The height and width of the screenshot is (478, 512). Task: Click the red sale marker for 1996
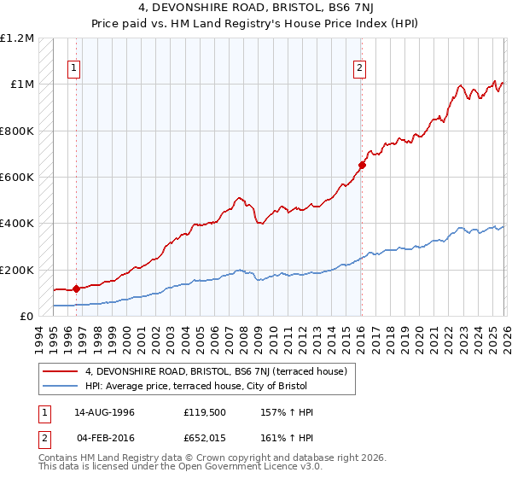click(x=76, y=289)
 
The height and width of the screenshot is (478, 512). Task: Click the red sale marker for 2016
click(x=362, y=166)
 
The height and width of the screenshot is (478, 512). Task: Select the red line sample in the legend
click(x=61, y=371)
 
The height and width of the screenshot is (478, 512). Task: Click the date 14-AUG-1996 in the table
click(x=104, y=412)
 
